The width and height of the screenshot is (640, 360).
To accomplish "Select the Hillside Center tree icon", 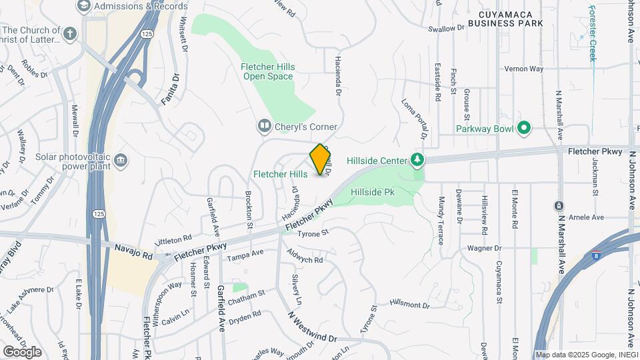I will click(417, 160).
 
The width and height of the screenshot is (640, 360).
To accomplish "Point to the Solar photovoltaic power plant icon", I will click(121, 160).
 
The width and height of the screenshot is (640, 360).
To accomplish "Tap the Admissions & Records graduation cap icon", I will click(83, 6).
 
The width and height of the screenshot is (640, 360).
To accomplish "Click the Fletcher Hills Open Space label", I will click(268, 72).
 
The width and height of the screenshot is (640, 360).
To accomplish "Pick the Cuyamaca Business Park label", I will click(505, 18).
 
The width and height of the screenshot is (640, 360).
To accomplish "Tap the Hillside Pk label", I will click(373, 192).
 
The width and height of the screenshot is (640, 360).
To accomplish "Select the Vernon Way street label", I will click(524, 69).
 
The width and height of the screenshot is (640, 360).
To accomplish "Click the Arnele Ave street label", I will click(587, 217).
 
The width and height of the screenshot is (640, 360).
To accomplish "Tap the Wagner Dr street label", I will click(484, 248).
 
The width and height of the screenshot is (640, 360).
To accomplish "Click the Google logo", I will click(22, 351).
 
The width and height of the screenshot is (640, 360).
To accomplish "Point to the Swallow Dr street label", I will click(446, 29).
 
